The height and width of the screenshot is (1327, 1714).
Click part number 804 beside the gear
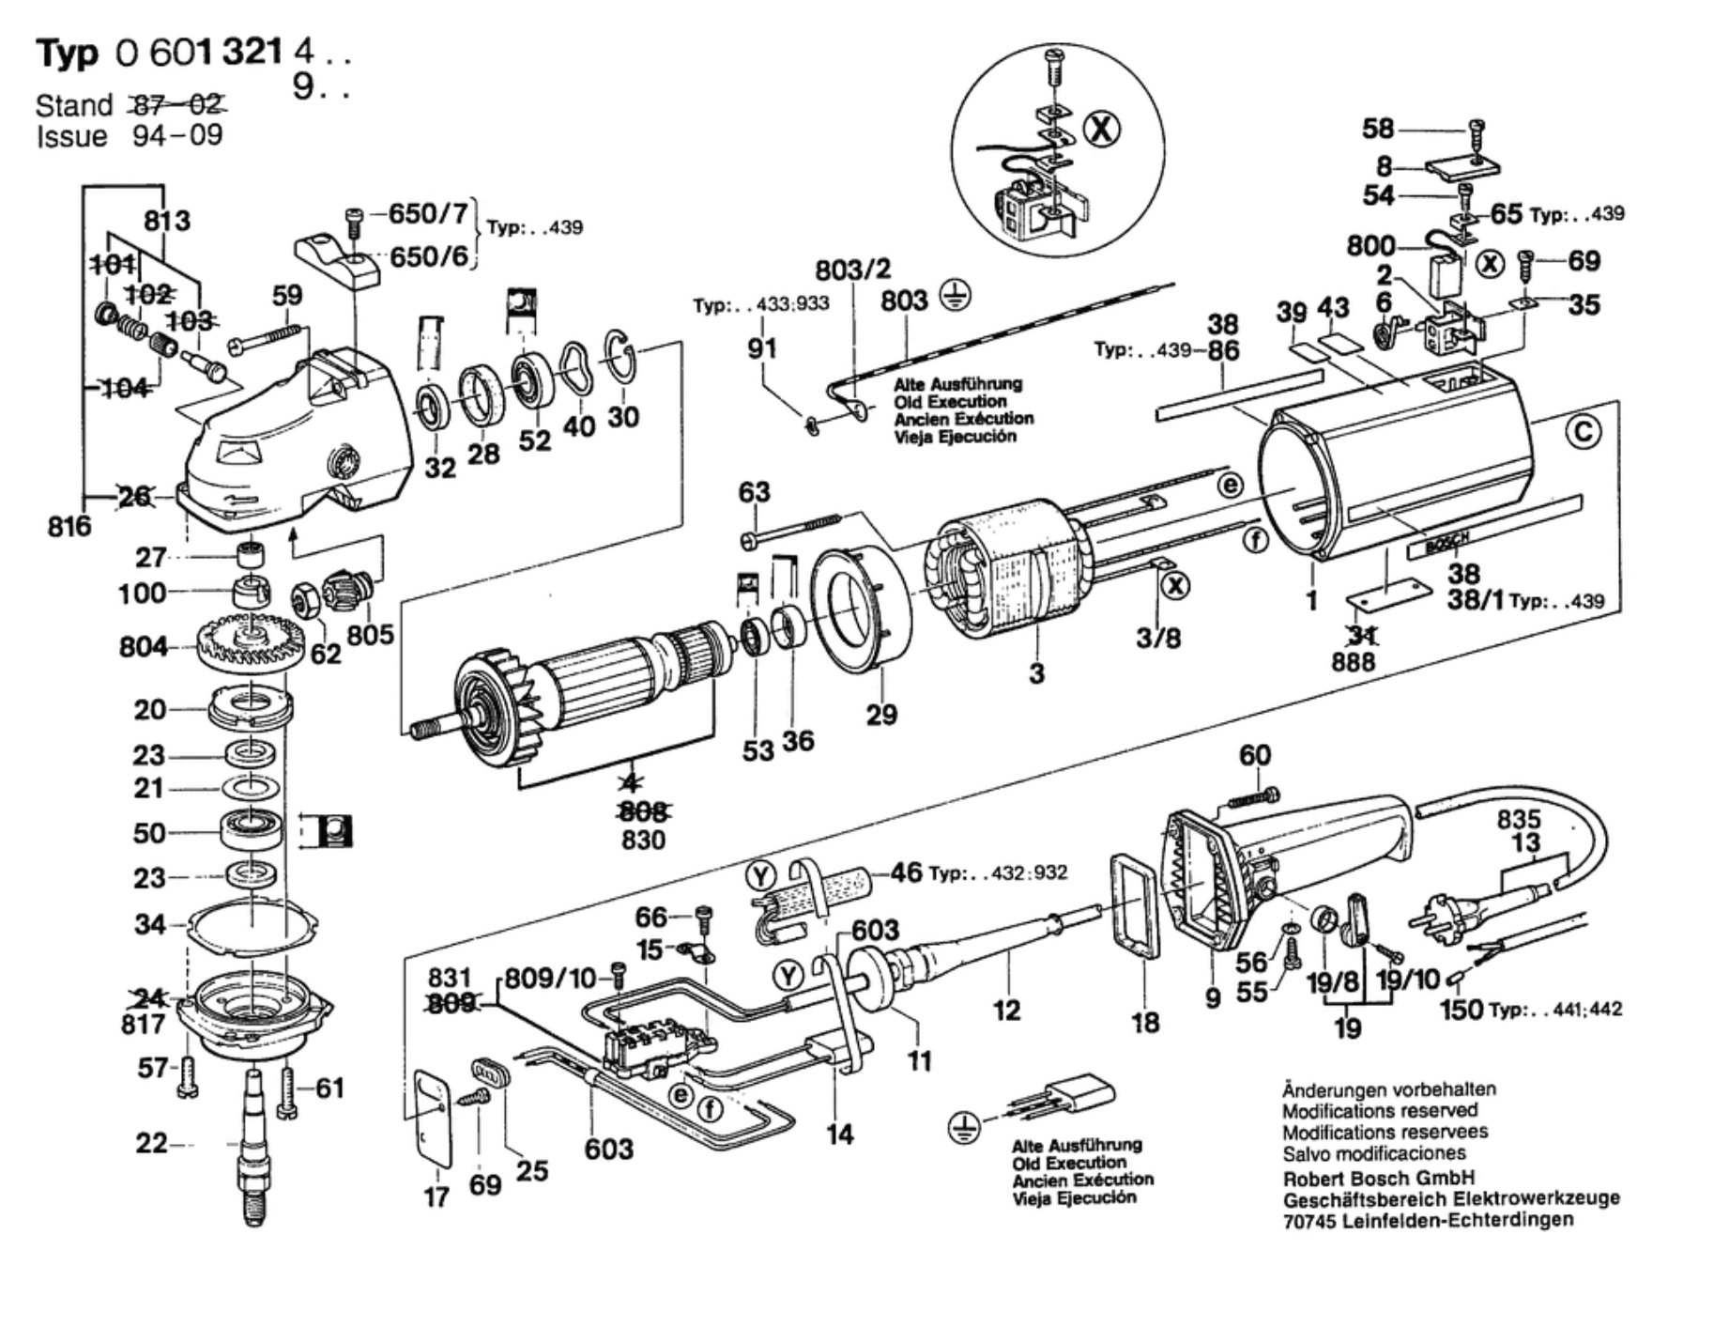(x=143, y=647)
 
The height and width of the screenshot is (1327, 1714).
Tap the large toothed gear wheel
(x=246, y=643)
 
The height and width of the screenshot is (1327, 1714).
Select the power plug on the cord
(x=1451, y=907)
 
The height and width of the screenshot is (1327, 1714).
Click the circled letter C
(x=1584, y=432)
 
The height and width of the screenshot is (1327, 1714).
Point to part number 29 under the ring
(x=880, y=715)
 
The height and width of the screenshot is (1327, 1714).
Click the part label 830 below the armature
(x=643, y=840)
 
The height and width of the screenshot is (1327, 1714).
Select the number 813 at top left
(x=166, y=221)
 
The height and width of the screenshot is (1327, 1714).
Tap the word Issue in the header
(x=71, y=137)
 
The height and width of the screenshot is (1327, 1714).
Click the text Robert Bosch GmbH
(x=1379, y=1178)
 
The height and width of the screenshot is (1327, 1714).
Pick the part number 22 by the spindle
(x=151, y=1144)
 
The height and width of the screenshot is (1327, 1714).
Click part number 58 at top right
(x=1378, y=129)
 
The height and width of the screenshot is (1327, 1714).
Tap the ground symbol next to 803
(x=956, y=297)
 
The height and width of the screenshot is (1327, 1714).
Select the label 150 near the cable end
(x=1462, y=1010)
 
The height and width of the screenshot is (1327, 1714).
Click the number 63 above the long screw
(x=754, y=491)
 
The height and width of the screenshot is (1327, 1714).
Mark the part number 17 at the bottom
(x=436, y=1197)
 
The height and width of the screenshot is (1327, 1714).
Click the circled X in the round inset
(x=1102, y=128)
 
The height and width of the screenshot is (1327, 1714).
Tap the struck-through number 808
(x=644, y=810)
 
